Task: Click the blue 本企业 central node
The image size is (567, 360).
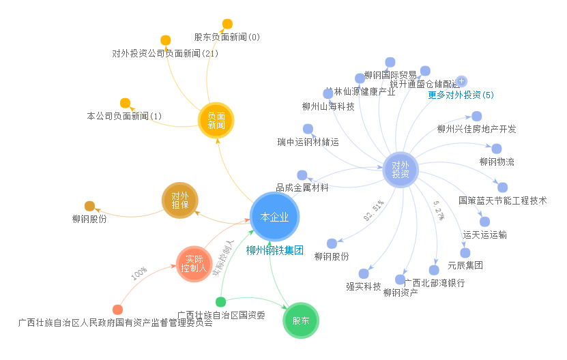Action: pos(275,217)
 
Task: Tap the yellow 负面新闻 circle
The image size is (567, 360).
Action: pos(216,121)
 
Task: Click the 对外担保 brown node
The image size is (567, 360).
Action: pos(179,200)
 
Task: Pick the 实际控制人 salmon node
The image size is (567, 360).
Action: pos(194,264)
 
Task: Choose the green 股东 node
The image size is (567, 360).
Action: pos(301,320)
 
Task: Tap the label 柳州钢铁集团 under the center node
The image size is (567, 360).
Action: pos(274,250)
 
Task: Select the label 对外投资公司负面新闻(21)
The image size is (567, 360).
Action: pos(165,53)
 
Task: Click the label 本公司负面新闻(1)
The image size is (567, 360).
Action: pos(124,116)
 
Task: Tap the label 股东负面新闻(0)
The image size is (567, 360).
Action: pos(227,37)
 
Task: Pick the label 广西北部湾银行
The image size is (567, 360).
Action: pos(435,282)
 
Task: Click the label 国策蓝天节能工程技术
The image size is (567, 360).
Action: pos(503,200)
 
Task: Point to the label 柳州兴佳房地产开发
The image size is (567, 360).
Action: pos(477,129)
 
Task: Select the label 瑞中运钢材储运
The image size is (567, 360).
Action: pos(308,142)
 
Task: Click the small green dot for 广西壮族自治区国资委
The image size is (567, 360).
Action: pos(220,302)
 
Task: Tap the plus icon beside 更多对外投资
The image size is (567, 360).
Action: pos(461,81)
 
